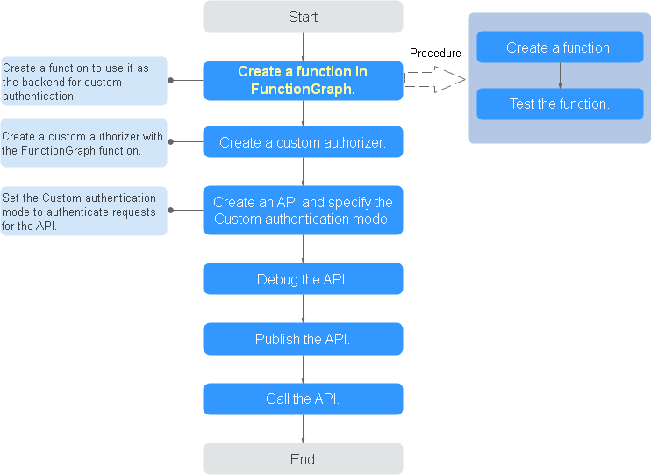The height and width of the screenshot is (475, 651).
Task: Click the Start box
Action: (x=303, y=17)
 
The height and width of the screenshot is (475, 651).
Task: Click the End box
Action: (x=303, y=459)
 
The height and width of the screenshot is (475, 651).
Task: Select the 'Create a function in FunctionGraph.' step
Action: (x=303, y=81)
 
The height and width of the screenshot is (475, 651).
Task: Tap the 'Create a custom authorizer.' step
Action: (x=303, y=141)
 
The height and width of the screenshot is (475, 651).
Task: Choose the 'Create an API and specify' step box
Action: (x=303, y=210)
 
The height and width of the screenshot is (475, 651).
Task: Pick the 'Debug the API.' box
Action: (x=303, y=279)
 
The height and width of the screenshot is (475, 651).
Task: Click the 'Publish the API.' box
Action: (x=303, y=339)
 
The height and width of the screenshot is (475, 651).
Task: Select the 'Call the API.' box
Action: (x=303, y=399)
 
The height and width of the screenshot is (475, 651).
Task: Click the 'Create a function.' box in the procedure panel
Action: (x=560, y=47)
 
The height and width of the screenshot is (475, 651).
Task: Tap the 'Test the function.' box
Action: (x=560, y=104)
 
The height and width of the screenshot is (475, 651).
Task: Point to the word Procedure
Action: (x=435, y=54)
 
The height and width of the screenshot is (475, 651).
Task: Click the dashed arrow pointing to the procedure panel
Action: (x=434, y=79)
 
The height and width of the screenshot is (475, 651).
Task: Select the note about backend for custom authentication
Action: (x=84, y=82)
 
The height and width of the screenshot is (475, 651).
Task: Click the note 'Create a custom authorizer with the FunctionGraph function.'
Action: (x=84, y=143)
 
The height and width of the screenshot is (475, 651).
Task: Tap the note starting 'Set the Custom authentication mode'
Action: (x=84, y=211)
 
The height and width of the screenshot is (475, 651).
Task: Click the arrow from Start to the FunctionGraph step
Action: (x=303, y=47)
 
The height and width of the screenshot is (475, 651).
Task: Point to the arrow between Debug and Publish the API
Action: (x=303, y=309)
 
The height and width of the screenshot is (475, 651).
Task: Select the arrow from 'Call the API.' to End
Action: (x=303, y=428)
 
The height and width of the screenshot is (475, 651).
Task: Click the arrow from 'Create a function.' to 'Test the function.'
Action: (x=560, y=76)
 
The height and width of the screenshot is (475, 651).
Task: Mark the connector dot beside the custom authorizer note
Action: (x=170, y=141)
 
